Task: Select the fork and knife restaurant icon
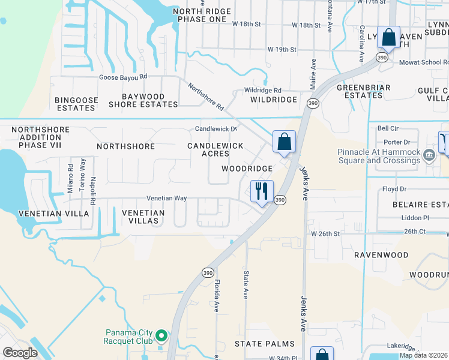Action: point(262,191)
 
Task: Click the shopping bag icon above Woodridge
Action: point(285,142)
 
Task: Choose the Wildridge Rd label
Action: point(263,89)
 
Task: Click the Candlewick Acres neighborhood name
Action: point(215,150)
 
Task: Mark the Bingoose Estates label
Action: point(75,104)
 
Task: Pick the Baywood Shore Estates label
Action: point(143,100)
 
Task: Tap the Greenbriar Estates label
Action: point(364,91)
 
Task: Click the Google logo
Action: point(20,353)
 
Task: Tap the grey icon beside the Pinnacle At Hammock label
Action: point(429,156)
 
